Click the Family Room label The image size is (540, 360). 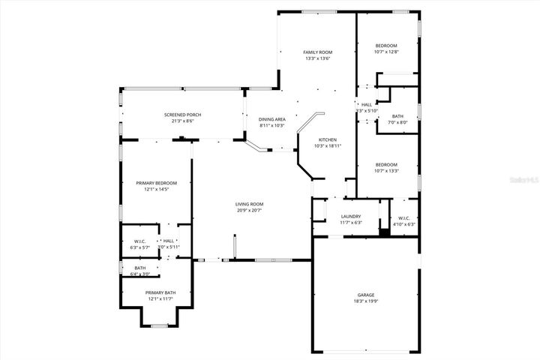click(316, 52)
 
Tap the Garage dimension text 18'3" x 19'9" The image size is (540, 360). click(365, 301)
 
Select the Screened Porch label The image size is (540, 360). click(182, 114)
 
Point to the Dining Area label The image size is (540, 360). click(271, 119)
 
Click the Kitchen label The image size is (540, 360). click(327, 139)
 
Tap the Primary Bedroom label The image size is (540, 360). click(156, 183)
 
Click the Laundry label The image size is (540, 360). click(351, 216)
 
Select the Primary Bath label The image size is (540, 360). click(160, 292)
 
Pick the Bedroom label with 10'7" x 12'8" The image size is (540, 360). click(386, 45)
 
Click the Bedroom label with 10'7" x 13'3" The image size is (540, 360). click(386, 164)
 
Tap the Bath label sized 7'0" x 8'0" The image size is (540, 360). click(397, 115)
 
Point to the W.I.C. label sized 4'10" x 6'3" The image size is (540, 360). click(403, 217)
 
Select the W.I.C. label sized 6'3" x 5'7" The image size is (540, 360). click(140, 241)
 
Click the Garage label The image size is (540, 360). click(365, 295)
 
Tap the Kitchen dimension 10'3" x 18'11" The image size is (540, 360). click(327, 146)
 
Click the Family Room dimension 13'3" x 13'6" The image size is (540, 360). click(316, 58)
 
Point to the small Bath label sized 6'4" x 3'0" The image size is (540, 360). click(140, 268)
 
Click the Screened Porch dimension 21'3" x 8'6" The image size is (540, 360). click(182, 121)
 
